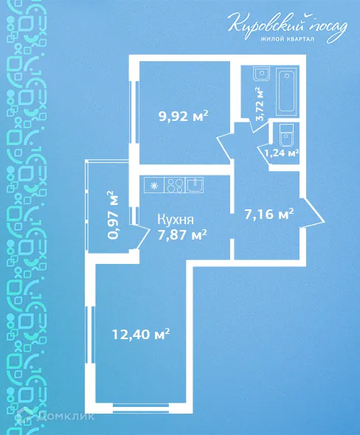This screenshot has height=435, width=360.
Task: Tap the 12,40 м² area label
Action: click(141, 334)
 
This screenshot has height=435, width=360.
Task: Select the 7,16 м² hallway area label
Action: click(269, 215)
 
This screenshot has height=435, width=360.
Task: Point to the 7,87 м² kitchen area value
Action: click(181, 234)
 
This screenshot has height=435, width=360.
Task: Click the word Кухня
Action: click(176, 219)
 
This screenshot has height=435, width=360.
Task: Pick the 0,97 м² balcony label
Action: click(113, 215)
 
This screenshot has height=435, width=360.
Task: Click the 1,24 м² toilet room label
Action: click(281, 153)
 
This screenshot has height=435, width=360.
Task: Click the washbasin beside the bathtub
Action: click(260, 74)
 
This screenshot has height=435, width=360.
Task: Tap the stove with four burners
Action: click(175, 185)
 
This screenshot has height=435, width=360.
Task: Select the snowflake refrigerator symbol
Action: click(154, 186)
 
